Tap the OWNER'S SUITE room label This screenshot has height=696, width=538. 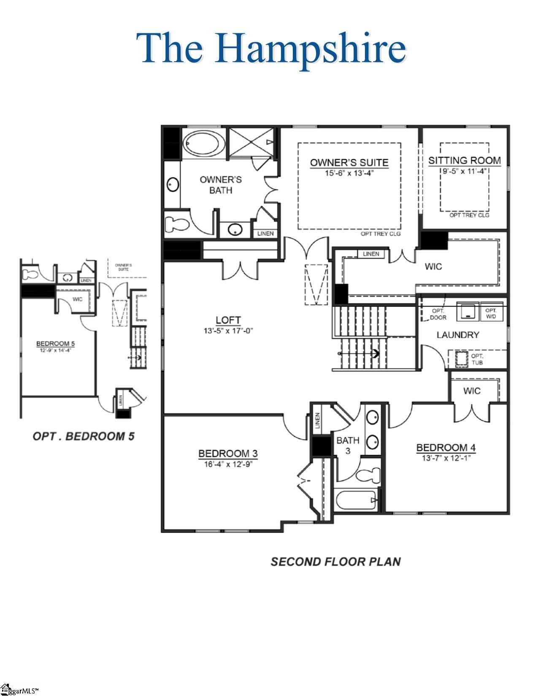(349, 162)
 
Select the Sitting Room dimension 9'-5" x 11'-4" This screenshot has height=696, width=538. (464, 171)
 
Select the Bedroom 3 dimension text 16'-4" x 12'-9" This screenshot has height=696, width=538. (228, 464)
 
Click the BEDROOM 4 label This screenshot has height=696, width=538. (446, 448)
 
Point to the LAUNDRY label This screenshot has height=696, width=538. (458, 335)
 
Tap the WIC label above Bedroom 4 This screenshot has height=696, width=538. (471, 391)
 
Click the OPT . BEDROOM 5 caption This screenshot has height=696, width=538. (84, 436)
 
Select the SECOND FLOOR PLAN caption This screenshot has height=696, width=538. (335, 562)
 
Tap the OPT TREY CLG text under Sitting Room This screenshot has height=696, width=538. (469, 215)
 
